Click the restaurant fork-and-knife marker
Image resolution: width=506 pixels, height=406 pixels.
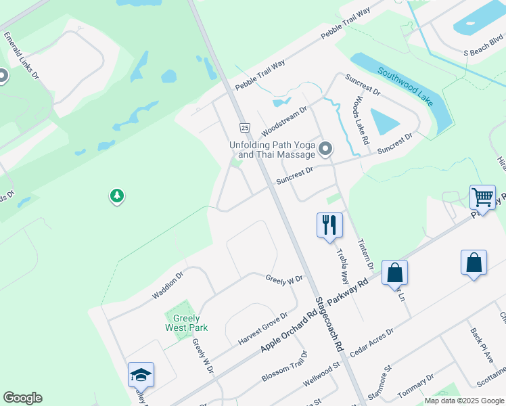point(329,225)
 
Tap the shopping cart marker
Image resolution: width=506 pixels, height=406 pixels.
point(482,197)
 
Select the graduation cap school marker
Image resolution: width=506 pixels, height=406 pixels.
point(141,374)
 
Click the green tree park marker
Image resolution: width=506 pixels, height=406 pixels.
point(116,196)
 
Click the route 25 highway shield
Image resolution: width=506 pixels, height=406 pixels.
point(244,127)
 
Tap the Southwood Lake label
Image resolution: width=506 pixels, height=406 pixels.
point(405,86)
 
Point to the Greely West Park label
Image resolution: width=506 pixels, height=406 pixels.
point(186,323)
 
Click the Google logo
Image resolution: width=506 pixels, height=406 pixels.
point(22,398)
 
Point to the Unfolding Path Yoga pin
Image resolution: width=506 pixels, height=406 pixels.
point(326,149)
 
